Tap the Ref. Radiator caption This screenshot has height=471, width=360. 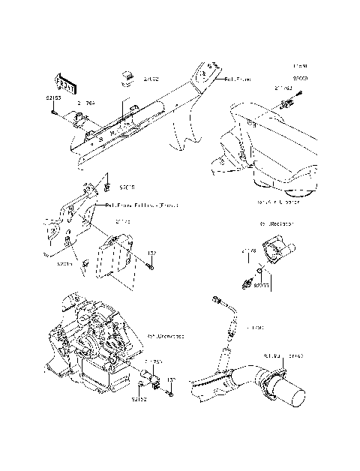point(277,223)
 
